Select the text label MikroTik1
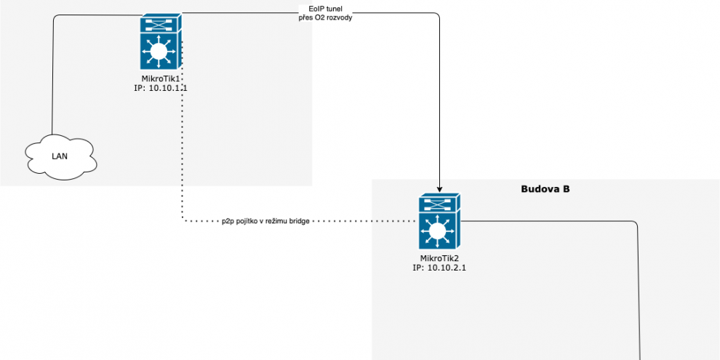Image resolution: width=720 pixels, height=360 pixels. [x=161, y=79]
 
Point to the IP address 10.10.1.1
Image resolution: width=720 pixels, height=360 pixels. [x=161, y=88]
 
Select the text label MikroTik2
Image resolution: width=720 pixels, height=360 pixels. [x=439, y=258]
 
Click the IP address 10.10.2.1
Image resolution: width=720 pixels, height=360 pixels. [x=439, y=268]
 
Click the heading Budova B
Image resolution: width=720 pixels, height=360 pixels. [x=545, y=189]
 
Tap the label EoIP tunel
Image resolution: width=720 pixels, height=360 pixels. [x=326, y=9]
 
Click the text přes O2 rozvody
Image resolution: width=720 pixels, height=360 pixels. [x=326, y=17]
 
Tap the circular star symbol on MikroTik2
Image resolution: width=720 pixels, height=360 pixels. [x=437, y=231]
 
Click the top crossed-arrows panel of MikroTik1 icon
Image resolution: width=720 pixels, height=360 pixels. [x=161, y=23]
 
